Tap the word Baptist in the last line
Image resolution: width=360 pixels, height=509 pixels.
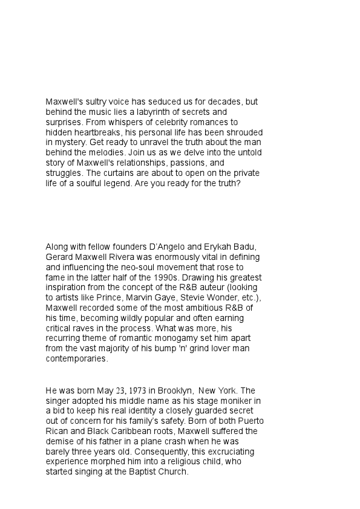(142, 472)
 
